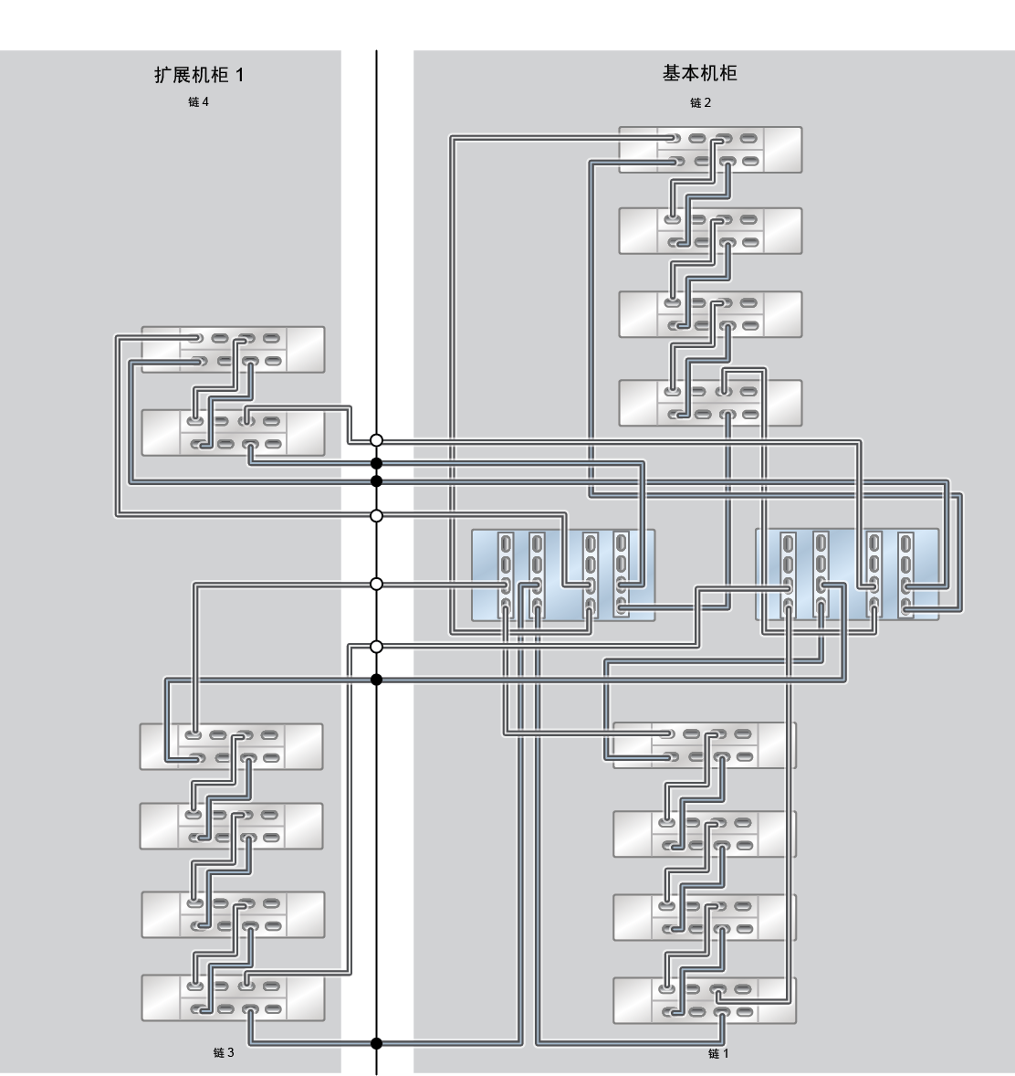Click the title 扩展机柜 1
199,74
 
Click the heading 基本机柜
699,73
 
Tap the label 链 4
198,101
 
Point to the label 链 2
700,102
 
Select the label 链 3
224,1052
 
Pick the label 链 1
718,1052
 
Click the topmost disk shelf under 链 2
710,150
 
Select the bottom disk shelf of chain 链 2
710,403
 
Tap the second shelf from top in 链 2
710,230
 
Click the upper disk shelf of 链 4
233,349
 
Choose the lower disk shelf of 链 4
233,432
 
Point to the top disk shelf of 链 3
231,746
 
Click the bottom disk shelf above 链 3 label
233,997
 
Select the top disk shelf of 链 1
705,744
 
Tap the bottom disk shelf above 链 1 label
705,1000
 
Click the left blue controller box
563,575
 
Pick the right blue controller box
847,575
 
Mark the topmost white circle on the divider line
376,440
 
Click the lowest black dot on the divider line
376,1044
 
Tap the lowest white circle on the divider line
376,647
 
